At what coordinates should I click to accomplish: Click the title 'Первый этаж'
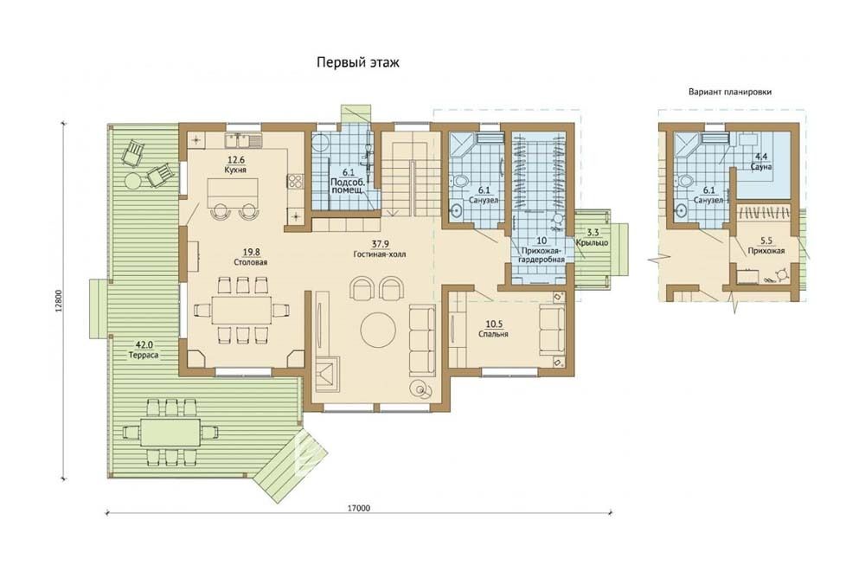tap(357, 62)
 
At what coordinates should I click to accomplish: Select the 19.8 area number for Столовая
tap(250, 253)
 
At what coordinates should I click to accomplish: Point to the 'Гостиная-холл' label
tap(380, 254)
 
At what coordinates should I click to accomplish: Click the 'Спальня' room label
tap(493, 334)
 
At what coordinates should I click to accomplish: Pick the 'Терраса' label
tap(144, 355)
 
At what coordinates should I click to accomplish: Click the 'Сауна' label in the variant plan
tap(760, 166)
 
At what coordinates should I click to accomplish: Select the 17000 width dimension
tap(359, 509)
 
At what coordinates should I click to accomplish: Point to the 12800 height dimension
tap(59, 300)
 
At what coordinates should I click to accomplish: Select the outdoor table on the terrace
tap(170, 432)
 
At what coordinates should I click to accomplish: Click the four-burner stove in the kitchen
tap(294, 181)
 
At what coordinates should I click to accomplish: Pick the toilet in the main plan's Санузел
tap(461, 181)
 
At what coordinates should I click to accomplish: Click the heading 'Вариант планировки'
tap(730, 93)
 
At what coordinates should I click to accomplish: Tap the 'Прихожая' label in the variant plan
tap(766, 251)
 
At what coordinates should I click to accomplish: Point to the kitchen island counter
tap(234, 190)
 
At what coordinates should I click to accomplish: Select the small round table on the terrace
tap(133, 181)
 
